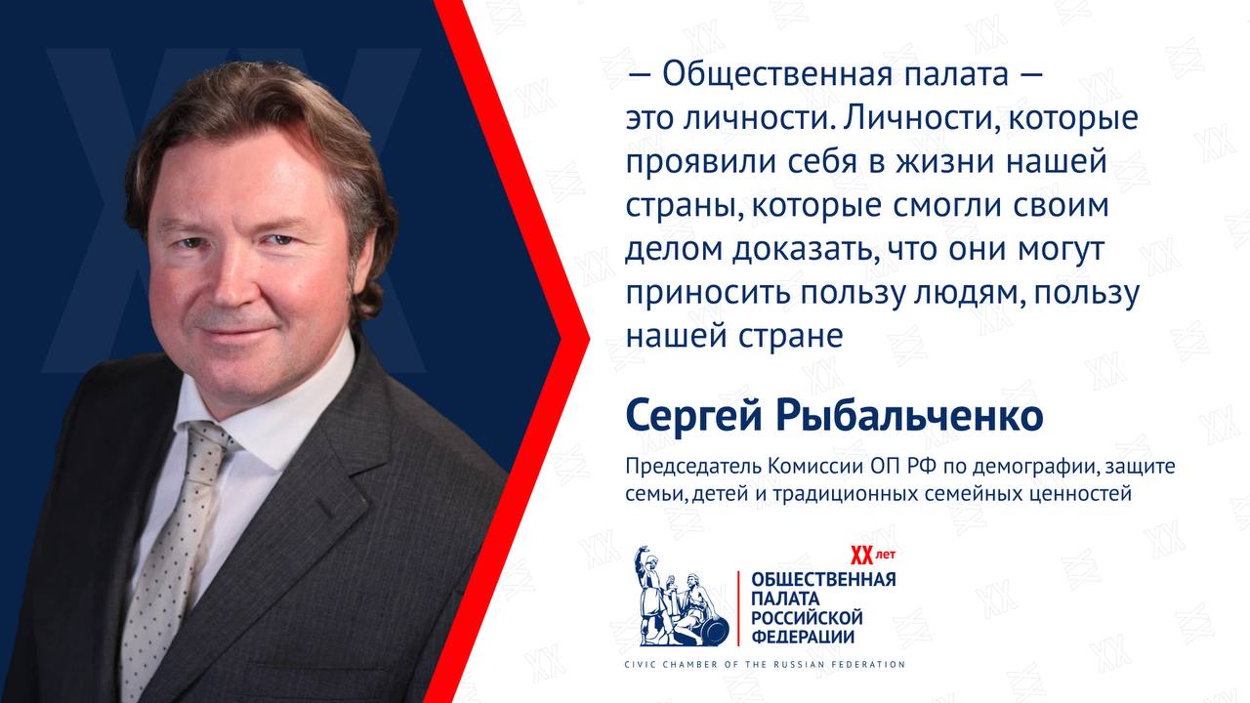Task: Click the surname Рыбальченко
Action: point(909,416)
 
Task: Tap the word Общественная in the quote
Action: point(777,75)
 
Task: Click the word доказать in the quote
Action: point(802,249)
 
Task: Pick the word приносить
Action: point(708,293)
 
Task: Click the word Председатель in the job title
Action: point(693,467)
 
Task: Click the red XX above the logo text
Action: point(861,556)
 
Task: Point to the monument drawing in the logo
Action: point(681,596)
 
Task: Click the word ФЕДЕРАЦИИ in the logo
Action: point(803,637)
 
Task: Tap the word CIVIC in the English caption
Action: point(640,665)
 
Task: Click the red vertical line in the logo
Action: point(739,608)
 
